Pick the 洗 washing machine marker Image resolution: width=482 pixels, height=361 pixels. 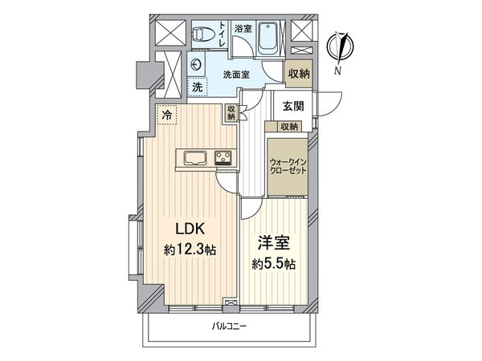(197, 87)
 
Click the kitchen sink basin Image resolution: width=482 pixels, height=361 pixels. (196, 156)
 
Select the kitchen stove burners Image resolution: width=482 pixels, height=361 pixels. (223, 157)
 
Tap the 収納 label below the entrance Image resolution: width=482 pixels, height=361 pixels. (289, 127)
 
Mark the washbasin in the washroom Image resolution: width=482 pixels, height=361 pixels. (198, 66)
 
